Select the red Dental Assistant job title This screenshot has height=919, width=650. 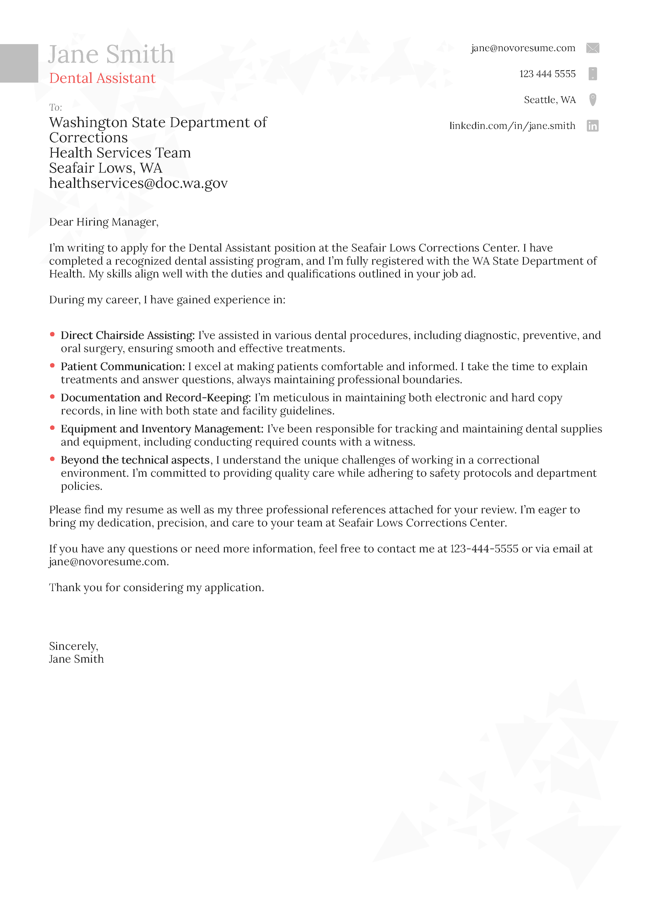point(102,78)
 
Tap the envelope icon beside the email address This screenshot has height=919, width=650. point(592,48)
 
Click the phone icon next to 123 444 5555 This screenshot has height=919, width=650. point(593,74)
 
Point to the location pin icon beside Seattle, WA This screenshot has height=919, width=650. point(593,99)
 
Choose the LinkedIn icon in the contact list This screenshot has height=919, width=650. point(592,126)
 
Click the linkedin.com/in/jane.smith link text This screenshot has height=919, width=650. point(512,126)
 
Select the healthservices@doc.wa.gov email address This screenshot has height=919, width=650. point(138,183)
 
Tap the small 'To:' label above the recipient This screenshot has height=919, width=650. point(55,107)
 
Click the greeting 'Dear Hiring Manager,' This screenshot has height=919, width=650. point(104,222)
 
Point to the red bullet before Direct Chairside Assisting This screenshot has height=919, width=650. point(52,334)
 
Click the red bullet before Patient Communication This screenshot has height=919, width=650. point(52,365)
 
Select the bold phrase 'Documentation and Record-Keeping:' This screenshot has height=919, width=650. point(155,397)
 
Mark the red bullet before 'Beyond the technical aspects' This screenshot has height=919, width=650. point(52,459)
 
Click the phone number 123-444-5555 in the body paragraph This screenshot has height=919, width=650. point(484,548)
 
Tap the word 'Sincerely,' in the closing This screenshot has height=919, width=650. point(73,646)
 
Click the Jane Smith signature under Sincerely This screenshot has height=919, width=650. point(76,659)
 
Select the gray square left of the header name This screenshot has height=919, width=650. point(19,63)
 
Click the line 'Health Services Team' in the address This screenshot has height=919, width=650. point(120,153)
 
